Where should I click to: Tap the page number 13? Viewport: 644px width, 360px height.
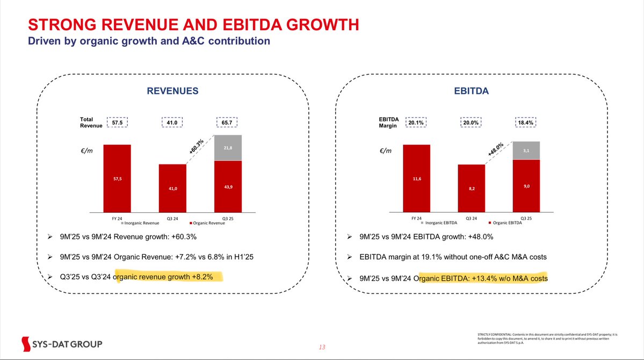(x=322, y=347)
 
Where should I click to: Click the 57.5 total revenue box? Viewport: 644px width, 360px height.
(x=117, y=122)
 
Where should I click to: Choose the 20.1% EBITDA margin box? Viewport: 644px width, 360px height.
(x=416, y=122)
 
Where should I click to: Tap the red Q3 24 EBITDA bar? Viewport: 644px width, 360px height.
(x=471, y=188)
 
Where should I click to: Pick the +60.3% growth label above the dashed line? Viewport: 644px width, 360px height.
(x=197, y=146)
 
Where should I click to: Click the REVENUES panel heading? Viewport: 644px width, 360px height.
(x=172, y=92)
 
